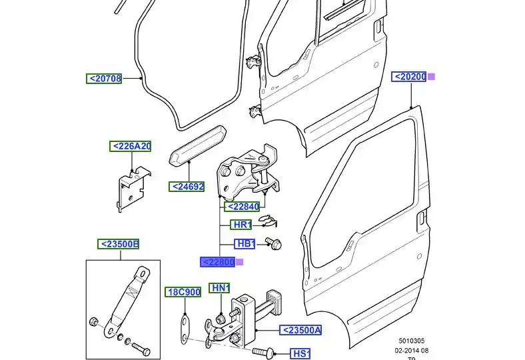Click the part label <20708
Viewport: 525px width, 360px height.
click(x=105, y=79)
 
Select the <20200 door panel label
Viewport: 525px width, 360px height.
click(x=409, y=77)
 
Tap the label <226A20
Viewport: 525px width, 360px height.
click(x=131, y=146)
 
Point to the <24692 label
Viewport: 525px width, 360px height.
click(x=187, y=187)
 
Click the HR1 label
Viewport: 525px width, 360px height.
click(x=241, y=225)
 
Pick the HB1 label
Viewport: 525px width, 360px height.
click(x=245, y=243)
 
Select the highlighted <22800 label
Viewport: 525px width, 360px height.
click(x=218, y=262)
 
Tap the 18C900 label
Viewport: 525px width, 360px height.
click(x=183, y=292)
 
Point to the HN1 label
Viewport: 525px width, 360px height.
click(x=219, y=288)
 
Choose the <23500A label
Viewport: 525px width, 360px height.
click(x=300, y=330)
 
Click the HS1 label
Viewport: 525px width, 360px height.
click(x=301, y=353)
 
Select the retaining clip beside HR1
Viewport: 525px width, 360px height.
click(x=268, y=222)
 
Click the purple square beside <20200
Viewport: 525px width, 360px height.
click(x=431, y=77)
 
